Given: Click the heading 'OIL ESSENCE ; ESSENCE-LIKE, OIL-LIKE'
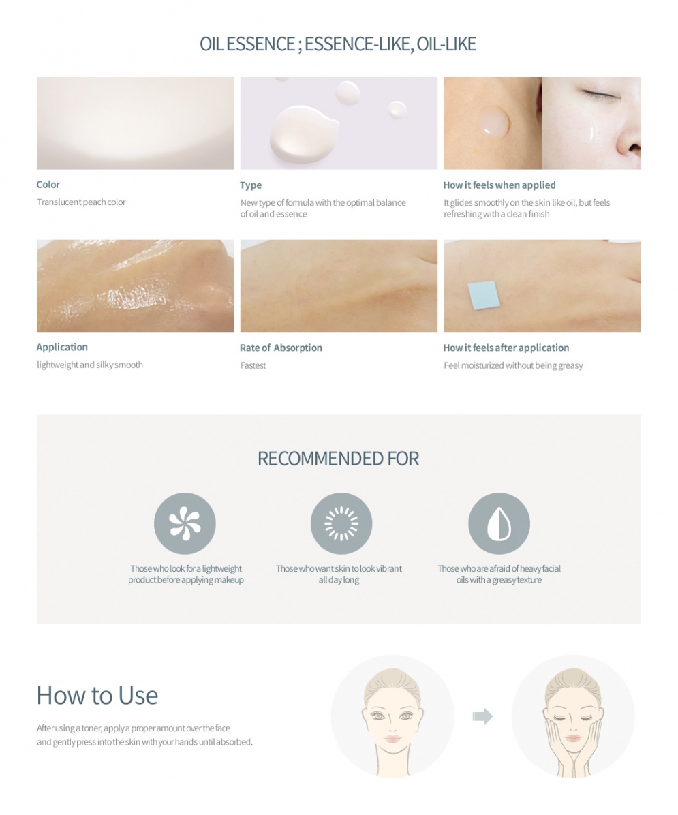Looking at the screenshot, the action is pyautogui.click(x=338, y=44).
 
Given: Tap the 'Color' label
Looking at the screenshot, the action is pyautogui.click(x=48, y=185).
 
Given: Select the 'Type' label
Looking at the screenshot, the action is pyautogui.click(x=251, y=185).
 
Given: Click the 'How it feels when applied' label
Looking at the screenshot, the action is pyautogui.click(x=499, y=185).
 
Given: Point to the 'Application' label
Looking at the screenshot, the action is pyautogui.click(x=62, y=348).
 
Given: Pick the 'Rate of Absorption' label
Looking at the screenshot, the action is pyautogui.click(x=281, y=348).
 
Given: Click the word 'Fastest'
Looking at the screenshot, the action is pyautogui.click(x=253, y=365).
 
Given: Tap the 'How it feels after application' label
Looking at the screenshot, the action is pyautogui.click(x=506, y=348).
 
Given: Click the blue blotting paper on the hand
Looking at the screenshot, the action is pyautogui.click(x=484, y=294).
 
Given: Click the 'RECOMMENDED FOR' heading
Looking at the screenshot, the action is pyautogui.click(x=338, y=459).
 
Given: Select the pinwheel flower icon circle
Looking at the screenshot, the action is pyautogui.click(x=185, y=523).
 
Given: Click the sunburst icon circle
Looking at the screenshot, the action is pyautogui.click(x=341, y=523).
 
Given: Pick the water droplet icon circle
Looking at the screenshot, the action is pyautogui.click(x=499, y=523).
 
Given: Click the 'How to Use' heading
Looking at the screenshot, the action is pyautogui.click(x=97, y=696).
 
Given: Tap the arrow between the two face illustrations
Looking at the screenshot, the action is pyautogui.click(x=482, y=716).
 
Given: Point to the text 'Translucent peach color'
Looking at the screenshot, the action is pyautogui.click(x=81, y=202).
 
